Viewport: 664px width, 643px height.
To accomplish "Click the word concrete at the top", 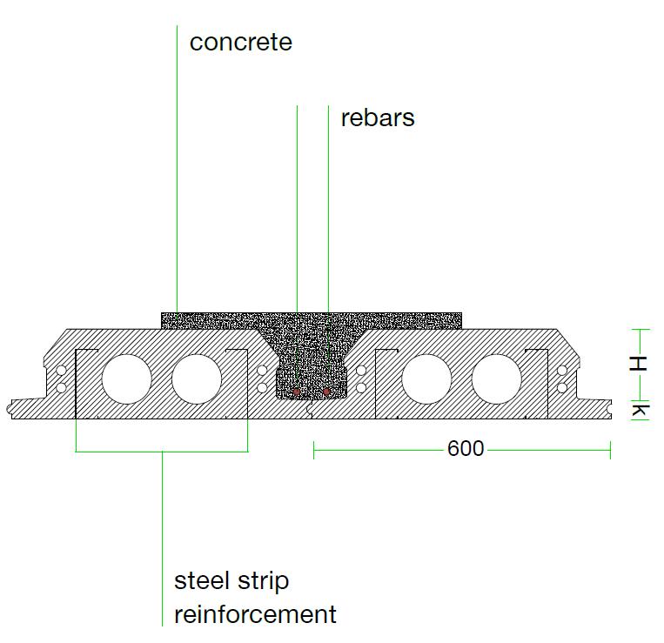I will pos(241,42).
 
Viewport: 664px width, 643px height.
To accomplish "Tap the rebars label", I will pos(378,117).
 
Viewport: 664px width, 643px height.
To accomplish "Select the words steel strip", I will pos(231,580).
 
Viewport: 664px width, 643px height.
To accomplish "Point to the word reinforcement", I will pos(255,614).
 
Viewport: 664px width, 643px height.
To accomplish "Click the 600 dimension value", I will pos(465,449).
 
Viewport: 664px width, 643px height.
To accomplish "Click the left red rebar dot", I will pos(296,392).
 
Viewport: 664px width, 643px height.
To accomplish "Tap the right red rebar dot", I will pos(326,392).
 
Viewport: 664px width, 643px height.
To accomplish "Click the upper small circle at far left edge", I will pos(61,371).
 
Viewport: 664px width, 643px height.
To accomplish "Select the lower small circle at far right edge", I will pos(562,386).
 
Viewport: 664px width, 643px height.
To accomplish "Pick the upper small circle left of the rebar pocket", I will pos(263,371).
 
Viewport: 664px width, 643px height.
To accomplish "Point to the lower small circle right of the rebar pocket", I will pos(361,386).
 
